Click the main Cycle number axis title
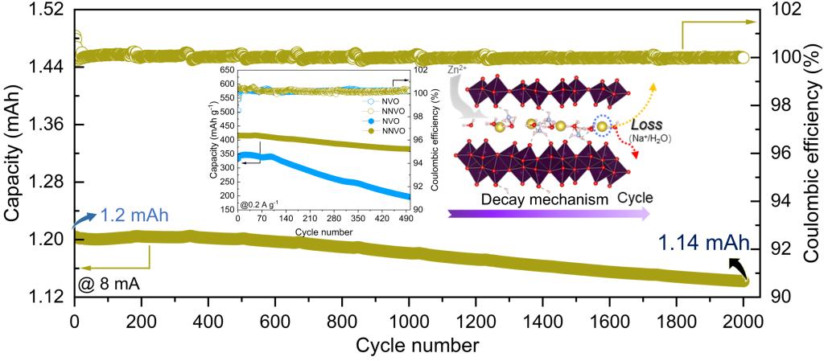pos(408,345)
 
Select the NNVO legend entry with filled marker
pos(369,129)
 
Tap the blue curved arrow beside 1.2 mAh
pos(84,219)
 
